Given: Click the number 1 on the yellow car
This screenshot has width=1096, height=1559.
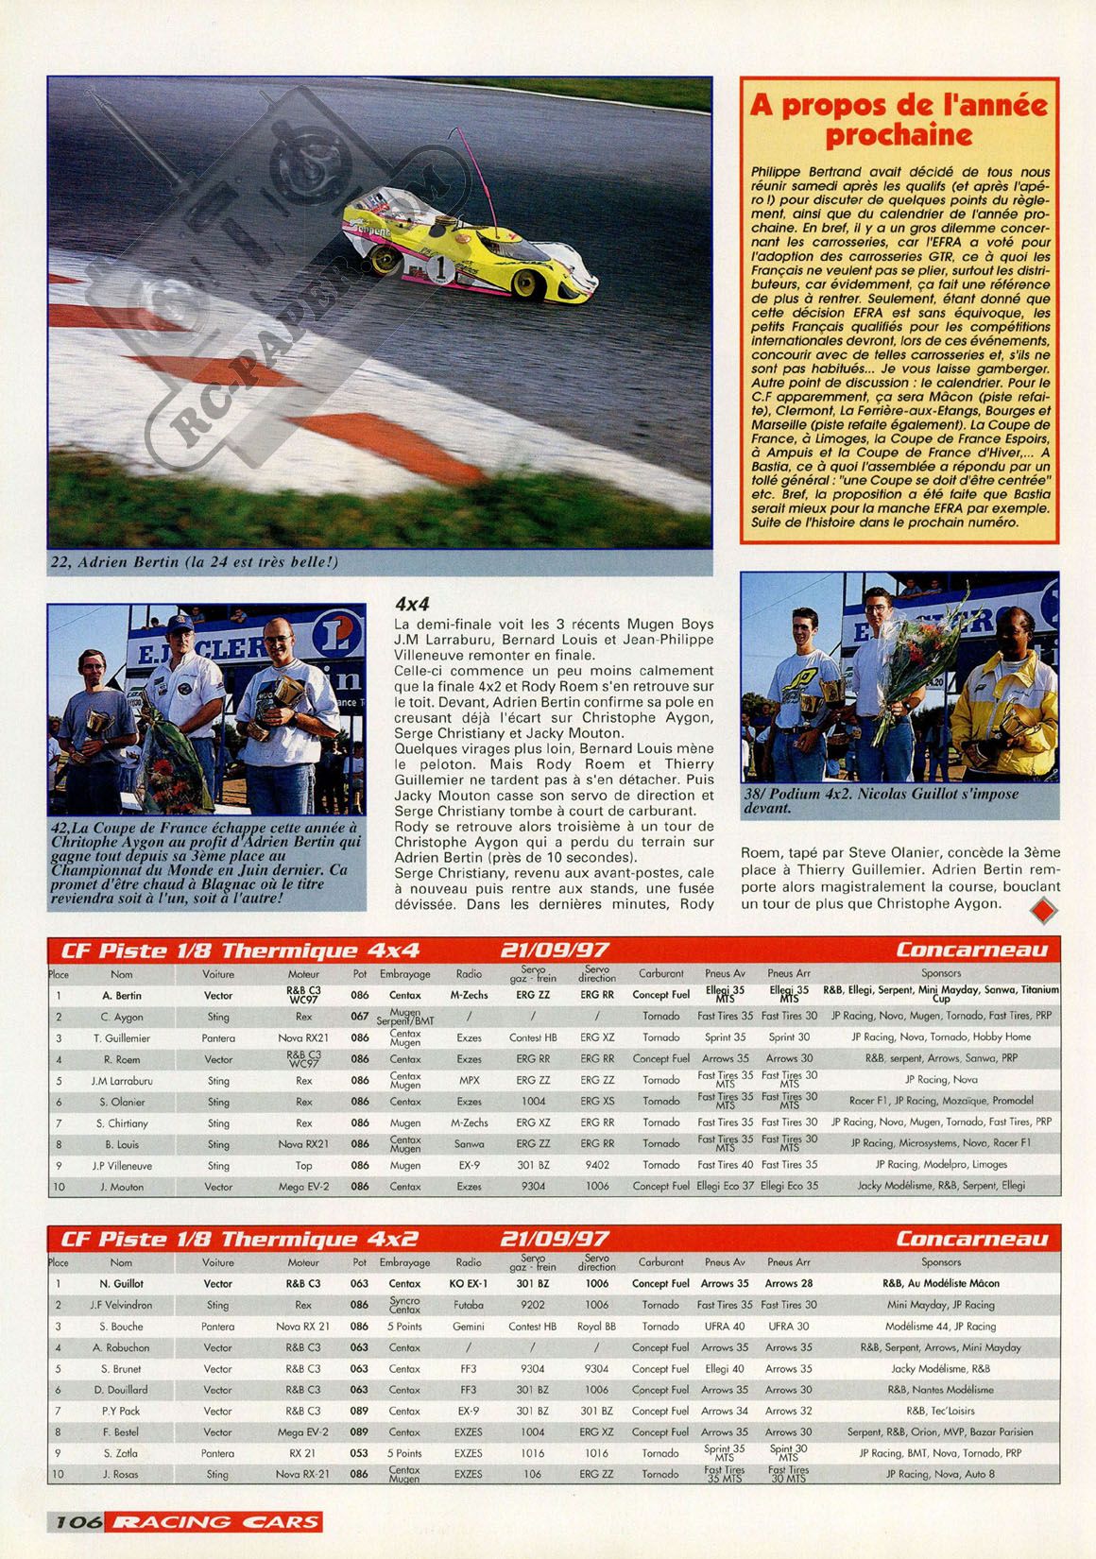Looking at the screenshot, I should pyautogui.click(x=441, y=267).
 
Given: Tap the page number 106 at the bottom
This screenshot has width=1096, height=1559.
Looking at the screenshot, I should pyautogui.click(x=78, y=1522).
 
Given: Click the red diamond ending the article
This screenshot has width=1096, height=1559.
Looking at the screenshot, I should pyautogui.click(x=1043, y=911).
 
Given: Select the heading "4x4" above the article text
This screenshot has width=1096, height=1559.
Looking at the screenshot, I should pyautogui.click(x=413, y=604).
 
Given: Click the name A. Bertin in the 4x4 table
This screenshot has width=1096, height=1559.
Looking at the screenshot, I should pyautogui.click(x=122, y=995).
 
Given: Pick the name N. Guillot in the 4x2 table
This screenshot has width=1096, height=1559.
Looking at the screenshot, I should pyautogui.click(x=122, y=1284).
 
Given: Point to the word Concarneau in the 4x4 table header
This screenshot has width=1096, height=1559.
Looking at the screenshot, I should pyautogui.click(x=972, y=950).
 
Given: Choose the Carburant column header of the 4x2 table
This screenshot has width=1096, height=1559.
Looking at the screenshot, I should pyautogui.click(x=660, y=1261).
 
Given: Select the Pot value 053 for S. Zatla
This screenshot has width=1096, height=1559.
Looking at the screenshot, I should pyautogui.click(x=359, y=1453).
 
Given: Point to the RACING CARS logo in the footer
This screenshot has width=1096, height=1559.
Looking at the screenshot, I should pyautogui.click(x=215, y=1522).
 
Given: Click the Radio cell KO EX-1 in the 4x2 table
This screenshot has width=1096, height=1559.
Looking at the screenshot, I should pyautogui.click(x=469, y=1284).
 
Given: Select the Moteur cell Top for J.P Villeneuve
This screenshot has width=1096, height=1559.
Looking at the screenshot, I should pyautogui.click(x=303, y=1166).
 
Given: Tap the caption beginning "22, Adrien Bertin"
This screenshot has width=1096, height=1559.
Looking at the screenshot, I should pyautogui.click(x=194, y=562).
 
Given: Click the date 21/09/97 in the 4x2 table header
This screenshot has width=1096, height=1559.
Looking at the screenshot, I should pyautogui.click(x=555, y=1239).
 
